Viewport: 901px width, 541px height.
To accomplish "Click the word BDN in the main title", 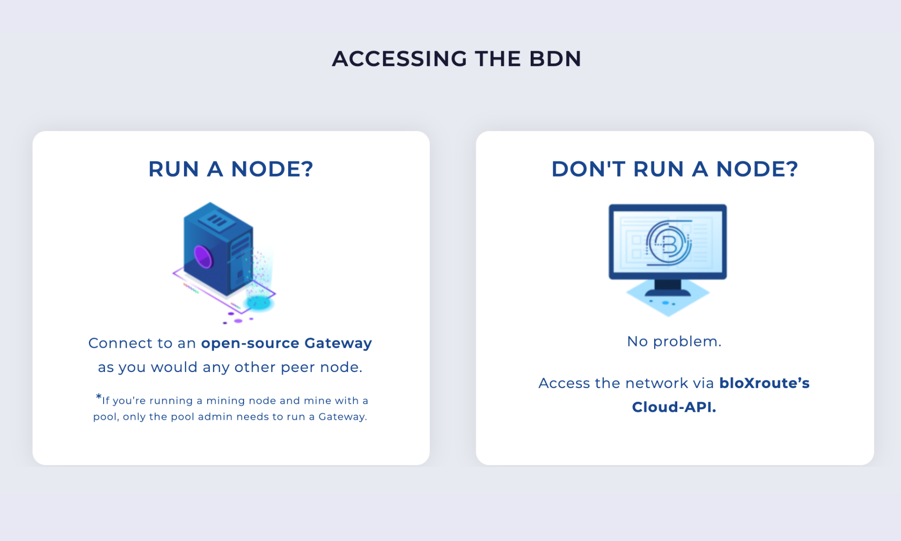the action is click(555, 59).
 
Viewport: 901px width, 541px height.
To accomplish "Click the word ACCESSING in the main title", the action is click(400, 59).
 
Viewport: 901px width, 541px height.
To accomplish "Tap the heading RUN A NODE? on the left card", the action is click(231, 169).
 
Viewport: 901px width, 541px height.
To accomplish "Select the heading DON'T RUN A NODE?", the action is click(674, 169).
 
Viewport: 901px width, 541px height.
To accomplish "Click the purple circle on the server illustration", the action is click(203, 257).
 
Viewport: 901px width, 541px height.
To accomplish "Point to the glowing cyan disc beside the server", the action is click(259, 302).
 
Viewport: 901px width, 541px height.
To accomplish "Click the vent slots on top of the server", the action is click(217, 221).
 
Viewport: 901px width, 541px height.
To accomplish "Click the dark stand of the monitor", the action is click(668, 287).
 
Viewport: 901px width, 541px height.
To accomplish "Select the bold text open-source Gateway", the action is click(286, 343).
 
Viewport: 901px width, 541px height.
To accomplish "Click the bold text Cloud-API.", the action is click(674, 407).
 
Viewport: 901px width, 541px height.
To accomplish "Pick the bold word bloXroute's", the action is click(764, 383).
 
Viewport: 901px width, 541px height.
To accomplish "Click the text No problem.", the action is click(674, 341).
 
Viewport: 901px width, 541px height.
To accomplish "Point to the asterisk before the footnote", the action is click(98, 397).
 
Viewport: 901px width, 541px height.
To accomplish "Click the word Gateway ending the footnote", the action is click(342, 417).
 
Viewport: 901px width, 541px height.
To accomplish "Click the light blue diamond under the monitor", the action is click(668, 299).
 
